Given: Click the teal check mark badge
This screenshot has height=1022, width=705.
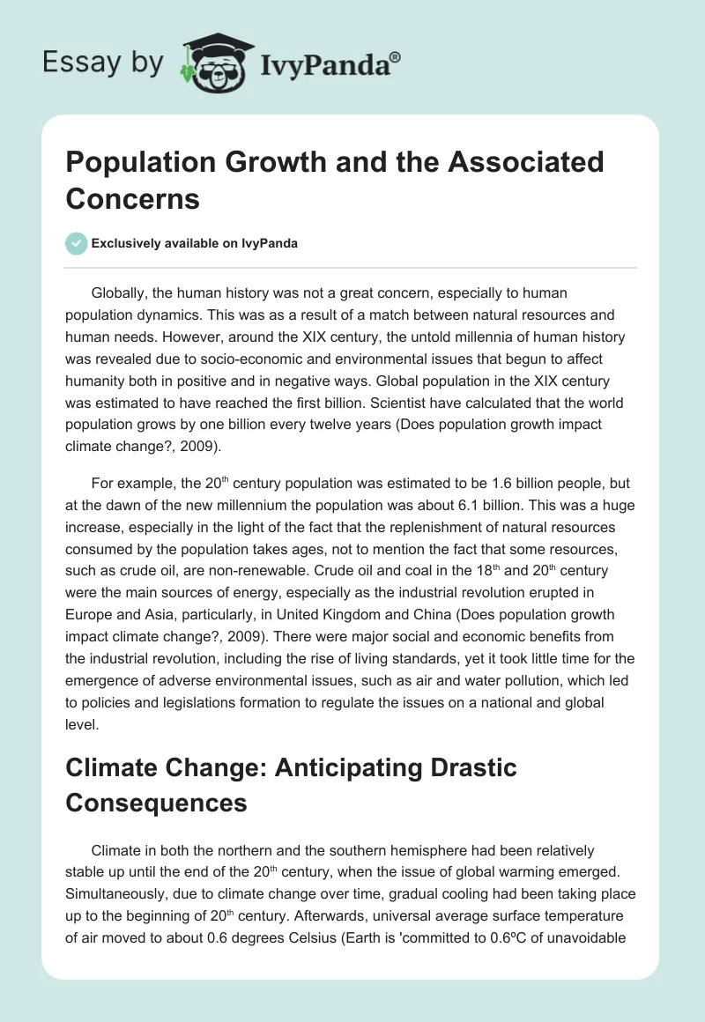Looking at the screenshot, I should click(76, 243).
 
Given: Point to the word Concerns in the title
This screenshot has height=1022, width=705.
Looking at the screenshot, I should click(133, 198).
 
